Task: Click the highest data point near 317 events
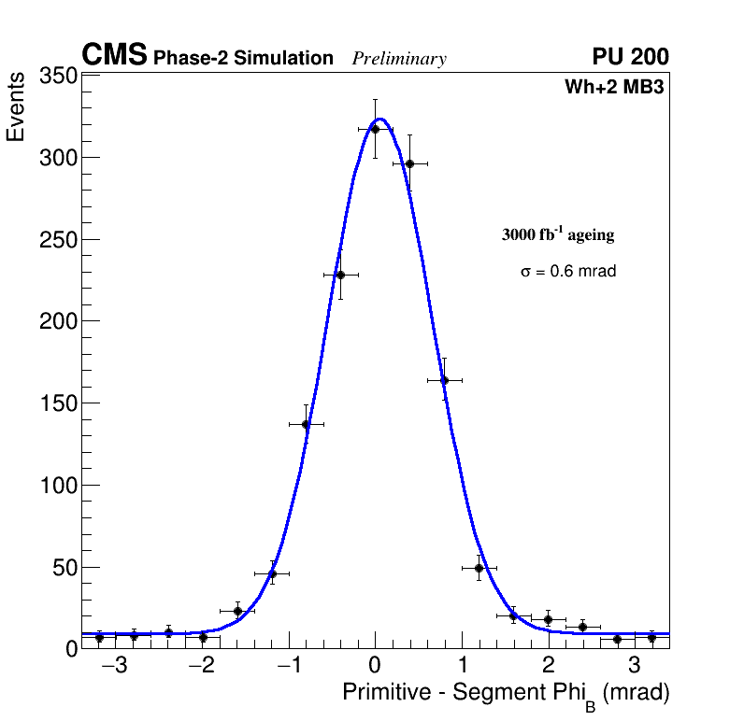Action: click(x=375, y=129)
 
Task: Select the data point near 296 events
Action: click(x=409, y=163)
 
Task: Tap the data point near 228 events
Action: click(x=340, y=275)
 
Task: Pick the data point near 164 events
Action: click(x=444, y=380)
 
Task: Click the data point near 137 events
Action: click(x=306, y=424)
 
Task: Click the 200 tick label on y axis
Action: click(x=57, y=321)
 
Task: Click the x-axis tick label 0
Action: click(x=375, y=666)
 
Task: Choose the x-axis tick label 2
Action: click(x=548, y=666)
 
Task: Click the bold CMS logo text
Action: click(x=114, y=56)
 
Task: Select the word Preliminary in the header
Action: click(x=399, y=59)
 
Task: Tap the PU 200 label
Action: click(x=630, y=57)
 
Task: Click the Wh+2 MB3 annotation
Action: click(x=614, y=88)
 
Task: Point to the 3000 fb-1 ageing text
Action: click(x=558, y=234)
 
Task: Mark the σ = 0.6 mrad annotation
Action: click(x=568, y=272)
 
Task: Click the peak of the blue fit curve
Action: click(x=379, y=119)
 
